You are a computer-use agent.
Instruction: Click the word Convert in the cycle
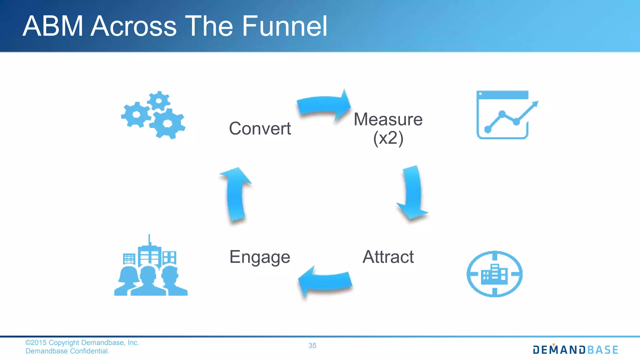coord(260,128)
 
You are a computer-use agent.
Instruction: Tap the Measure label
coord(388,119)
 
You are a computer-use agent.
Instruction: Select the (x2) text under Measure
coord(388,138)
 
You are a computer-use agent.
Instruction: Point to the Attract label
coord(388,257)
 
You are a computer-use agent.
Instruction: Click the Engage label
coord(260,257)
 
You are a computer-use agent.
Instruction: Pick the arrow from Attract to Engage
coord(325,281)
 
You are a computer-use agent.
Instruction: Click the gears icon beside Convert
coord(153,116)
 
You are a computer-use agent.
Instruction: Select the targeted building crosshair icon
coord(494,274)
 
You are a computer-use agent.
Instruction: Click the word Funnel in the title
coord(284,26)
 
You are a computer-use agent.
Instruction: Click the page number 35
coord(312,346)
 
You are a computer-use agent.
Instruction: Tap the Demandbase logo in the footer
coord(575,350)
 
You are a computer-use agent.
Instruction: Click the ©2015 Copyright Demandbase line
coord(82,343)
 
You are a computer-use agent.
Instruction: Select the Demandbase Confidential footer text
coord(67,351)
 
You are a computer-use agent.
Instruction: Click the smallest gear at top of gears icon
coord(159,101)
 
